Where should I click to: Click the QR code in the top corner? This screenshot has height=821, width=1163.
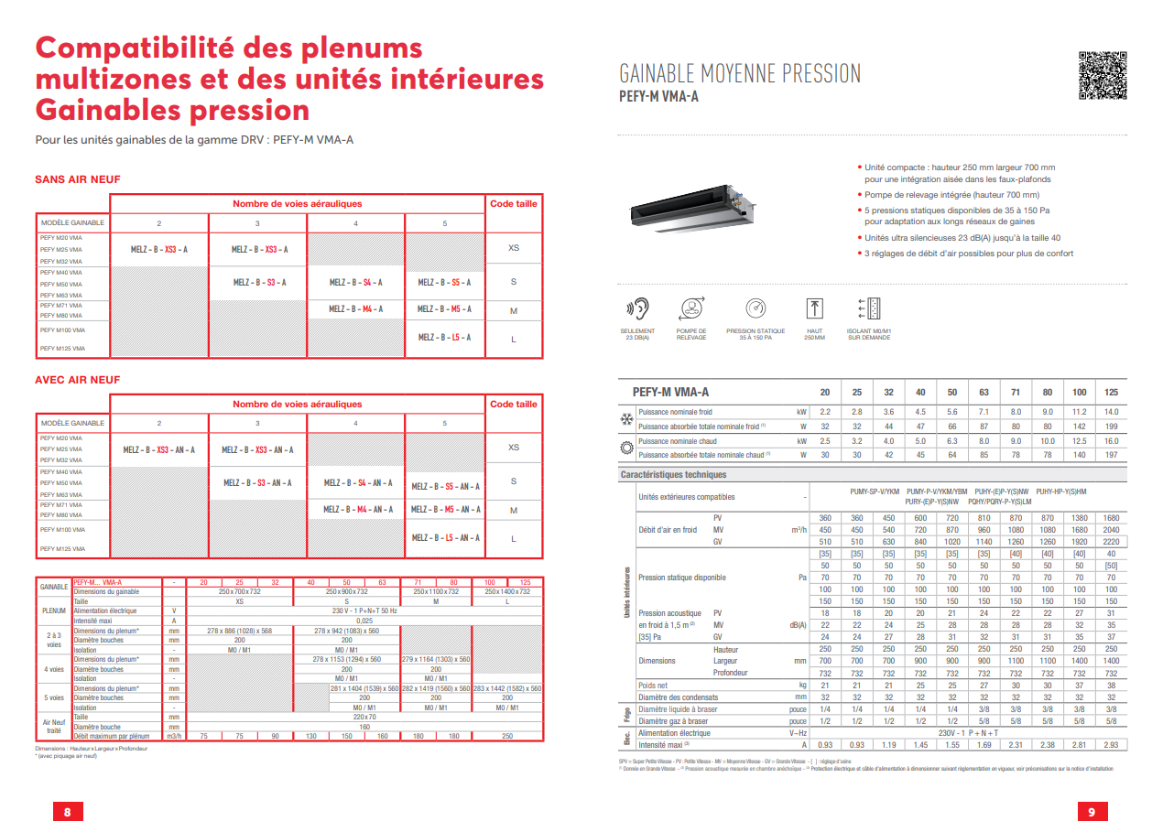click(1101, 75)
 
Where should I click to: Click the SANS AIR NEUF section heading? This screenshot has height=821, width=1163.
click(77, 179)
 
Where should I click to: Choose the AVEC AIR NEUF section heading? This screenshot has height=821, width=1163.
click(77, 380)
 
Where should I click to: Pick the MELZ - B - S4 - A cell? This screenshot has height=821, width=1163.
click(355, 283)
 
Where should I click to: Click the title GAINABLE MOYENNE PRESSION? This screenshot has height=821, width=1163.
click(740, 74)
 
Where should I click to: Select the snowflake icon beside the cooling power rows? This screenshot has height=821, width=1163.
click(627, 419)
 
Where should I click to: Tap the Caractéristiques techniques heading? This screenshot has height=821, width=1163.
click(673, 475)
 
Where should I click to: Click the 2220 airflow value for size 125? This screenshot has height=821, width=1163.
click(1111, 542)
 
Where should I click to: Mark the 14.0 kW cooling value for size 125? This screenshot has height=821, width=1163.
click(1111, 412)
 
